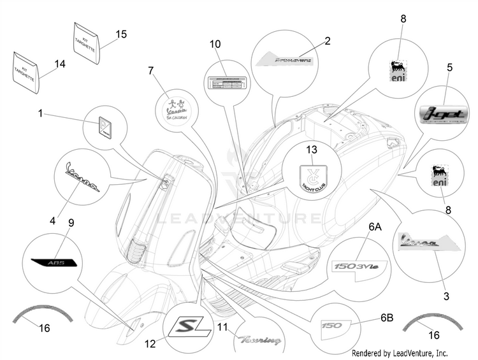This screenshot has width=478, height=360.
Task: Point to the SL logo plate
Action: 188,328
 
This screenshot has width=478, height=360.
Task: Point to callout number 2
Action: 327,41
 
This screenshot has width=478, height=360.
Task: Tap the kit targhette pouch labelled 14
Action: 27,70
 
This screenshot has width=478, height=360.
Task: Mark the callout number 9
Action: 71,222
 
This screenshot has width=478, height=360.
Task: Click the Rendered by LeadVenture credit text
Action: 400,353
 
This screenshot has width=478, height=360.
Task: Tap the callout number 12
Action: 149,343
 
